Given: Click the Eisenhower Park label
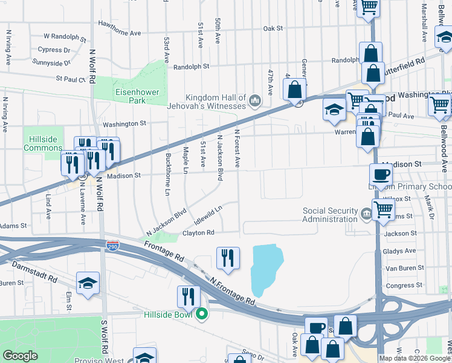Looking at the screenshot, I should [x=131, y=96].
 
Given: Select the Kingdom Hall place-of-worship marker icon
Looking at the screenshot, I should [x=254, y=100].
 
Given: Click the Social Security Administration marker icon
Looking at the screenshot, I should [x=366, y=214].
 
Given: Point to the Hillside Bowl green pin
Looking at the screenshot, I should [x=203, y=314].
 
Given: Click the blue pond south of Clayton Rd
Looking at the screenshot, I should [x=266, y=266].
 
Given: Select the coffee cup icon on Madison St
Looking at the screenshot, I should [x=381, y=175].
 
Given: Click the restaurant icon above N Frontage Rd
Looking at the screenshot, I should [x=228, y=258].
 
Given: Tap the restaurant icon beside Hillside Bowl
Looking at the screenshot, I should [x=189, y=296].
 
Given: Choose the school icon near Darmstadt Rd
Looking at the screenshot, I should [x=88, y=283].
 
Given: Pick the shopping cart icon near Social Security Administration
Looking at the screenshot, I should [x=383, y=209].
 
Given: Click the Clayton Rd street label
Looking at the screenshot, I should [x=198, y=232].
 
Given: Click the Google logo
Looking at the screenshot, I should [x=21, y=356].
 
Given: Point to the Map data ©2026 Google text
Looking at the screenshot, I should [x=415, y=358].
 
